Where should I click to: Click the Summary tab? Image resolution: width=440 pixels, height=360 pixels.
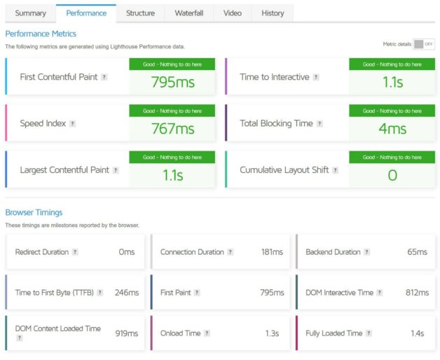tap(30, 13)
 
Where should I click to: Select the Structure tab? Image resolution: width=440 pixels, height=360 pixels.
tap(140, 13)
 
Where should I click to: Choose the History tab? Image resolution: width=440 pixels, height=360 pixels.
tap(273, 13)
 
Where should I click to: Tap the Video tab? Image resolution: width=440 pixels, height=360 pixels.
tap(232, 13)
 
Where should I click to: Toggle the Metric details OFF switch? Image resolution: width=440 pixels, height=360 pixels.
tap(423, 44)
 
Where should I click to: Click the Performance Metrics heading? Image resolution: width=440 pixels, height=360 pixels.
tap(41, 34)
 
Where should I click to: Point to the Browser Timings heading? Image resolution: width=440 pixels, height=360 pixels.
tap(34, 212)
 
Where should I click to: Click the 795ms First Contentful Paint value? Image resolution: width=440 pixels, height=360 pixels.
tap(172, 83)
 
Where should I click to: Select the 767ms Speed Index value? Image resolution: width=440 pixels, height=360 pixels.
tap(172, 129)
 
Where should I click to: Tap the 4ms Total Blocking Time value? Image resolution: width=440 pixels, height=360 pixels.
tap(392, 129)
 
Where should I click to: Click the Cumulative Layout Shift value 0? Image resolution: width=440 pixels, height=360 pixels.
tap(392, 175)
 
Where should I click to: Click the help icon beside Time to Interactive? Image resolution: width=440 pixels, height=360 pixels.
tap(316, 77)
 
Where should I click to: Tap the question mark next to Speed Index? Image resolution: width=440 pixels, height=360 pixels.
tap(72, 123)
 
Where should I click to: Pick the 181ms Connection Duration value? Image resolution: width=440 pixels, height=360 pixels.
tap(272, 252)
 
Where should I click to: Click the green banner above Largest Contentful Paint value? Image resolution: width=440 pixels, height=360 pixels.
tap(172, 158)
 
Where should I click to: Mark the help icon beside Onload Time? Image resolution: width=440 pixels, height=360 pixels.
tap(207, 333)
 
